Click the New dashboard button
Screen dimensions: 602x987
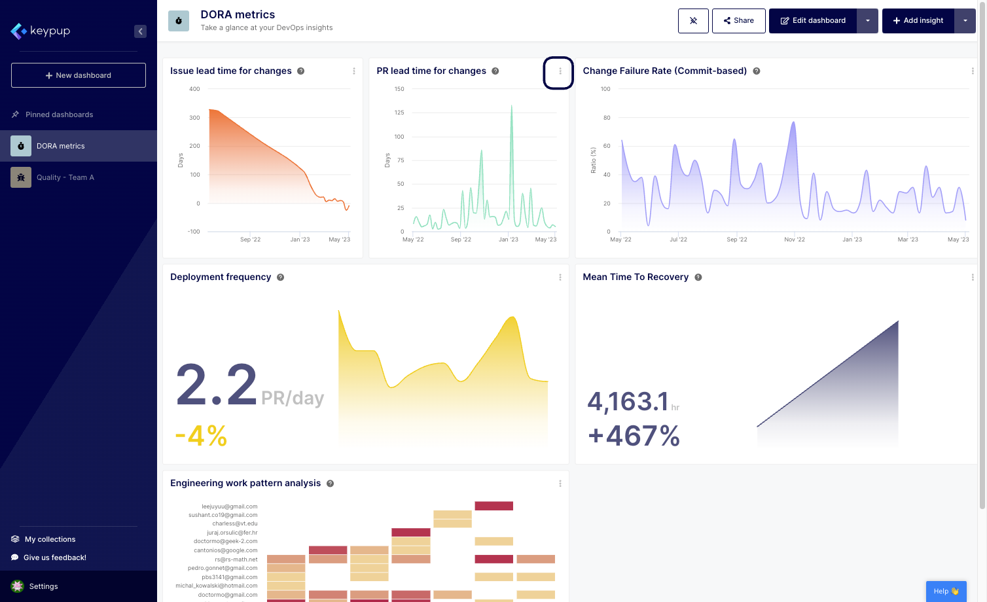(79, 75)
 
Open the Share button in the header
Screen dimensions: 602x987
(738, 21)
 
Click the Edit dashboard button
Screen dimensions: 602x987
(813, 21)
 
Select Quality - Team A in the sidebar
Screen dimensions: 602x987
(65, 177)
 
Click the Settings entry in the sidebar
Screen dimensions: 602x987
(43, 586)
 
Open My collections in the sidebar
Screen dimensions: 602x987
(50, 539)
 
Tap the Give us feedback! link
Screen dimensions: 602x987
(54, 558)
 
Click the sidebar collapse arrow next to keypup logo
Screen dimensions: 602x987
(140, 31)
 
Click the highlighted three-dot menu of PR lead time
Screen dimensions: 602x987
(560, 71)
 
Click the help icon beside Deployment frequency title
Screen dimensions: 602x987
(280, 277)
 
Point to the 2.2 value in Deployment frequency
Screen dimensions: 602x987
(217, 385)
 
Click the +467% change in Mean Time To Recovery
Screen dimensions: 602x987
(634, 436)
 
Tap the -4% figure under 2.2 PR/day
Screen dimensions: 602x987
(201, 436)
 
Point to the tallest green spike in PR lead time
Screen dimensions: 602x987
(512, 108)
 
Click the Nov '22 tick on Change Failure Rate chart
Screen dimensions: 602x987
(795, 239)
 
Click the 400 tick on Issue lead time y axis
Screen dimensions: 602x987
(194, 89)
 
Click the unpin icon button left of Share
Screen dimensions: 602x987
(693, 21)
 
